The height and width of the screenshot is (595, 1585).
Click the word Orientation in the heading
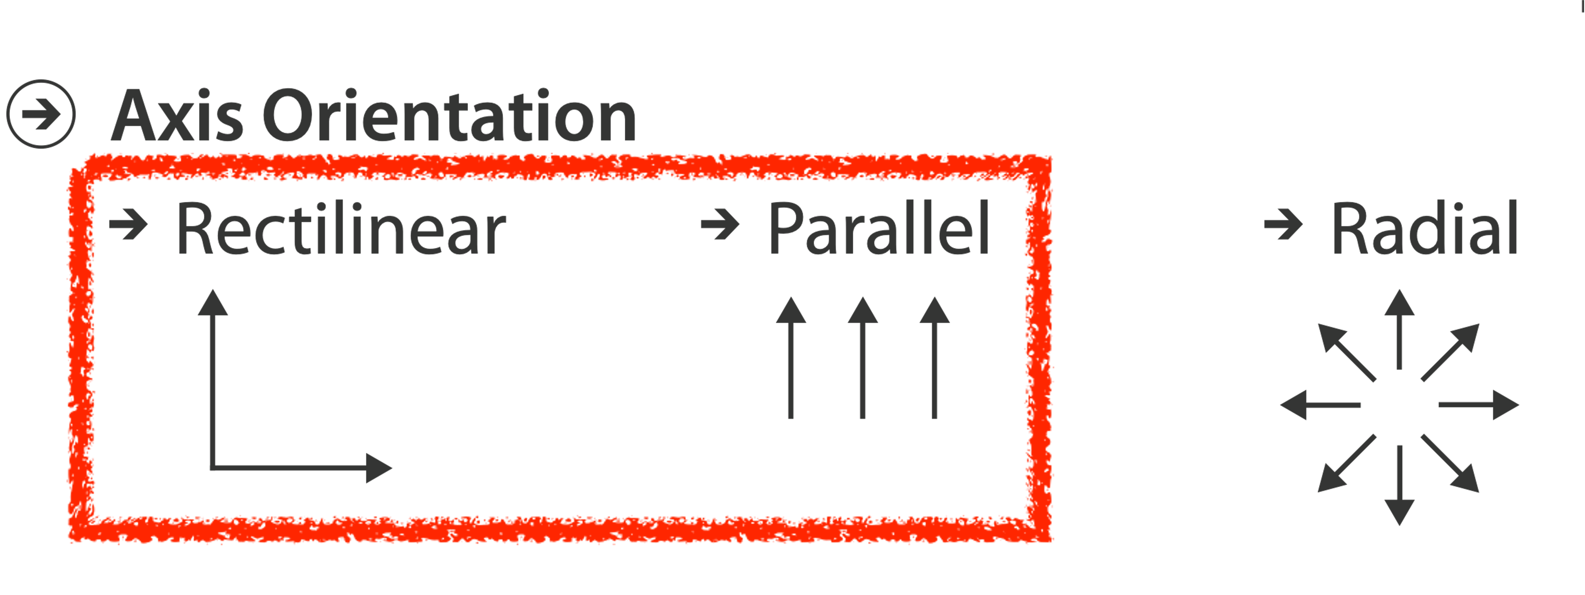tap(449, 115)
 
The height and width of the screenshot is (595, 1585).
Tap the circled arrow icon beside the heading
tap(41, 114)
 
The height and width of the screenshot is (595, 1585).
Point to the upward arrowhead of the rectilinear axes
tap(213, 303)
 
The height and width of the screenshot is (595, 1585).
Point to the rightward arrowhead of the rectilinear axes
tap(378, 468)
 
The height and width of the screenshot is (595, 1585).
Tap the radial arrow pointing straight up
tap(1400, 329)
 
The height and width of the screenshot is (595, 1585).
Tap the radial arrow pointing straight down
tap(1400, 486)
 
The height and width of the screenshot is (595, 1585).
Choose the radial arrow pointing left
tap(1320, 405)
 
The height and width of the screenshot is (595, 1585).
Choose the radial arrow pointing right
tap(1480, 405)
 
